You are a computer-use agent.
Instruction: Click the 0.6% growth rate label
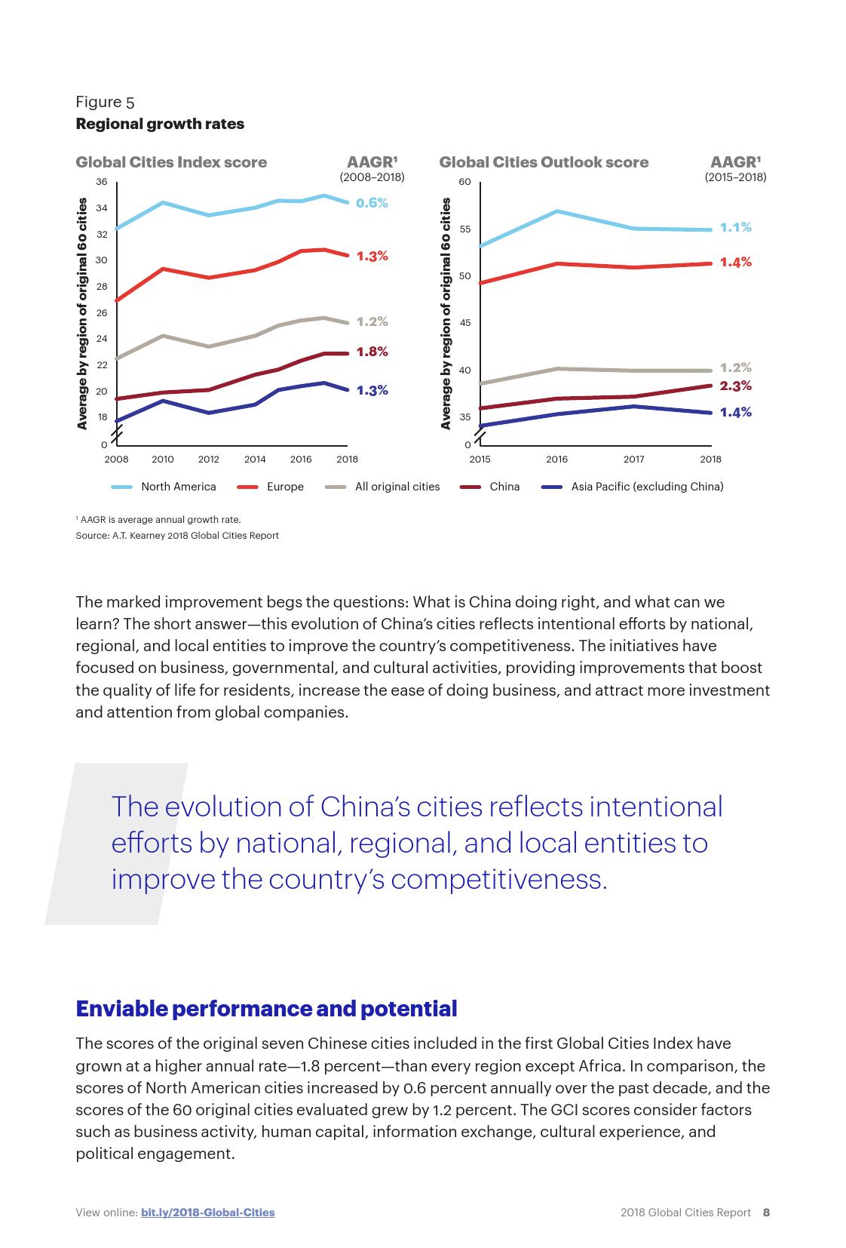point(372,203)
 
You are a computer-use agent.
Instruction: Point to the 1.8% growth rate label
point(372,352)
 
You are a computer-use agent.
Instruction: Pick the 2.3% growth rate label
point(735,386)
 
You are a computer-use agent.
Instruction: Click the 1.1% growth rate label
point(735,227)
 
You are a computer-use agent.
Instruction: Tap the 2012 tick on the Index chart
point(209,459)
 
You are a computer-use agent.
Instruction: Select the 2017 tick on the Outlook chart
point(633,459)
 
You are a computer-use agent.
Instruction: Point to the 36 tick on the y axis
point(103,182)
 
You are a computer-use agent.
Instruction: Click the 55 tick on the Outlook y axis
point(464,229)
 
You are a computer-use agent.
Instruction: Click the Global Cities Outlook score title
point(544,162)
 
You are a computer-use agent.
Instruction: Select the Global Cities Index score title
point(171,162)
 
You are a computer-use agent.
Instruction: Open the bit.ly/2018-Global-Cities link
point(207,1213)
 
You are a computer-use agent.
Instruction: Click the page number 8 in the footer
point(766,1213)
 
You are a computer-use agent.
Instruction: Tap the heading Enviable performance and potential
point(266,1009)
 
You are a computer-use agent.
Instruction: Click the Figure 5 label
point(105,102)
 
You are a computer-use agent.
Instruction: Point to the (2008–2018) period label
point(372,177)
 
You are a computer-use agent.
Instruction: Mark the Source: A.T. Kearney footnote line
point(177,536)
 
